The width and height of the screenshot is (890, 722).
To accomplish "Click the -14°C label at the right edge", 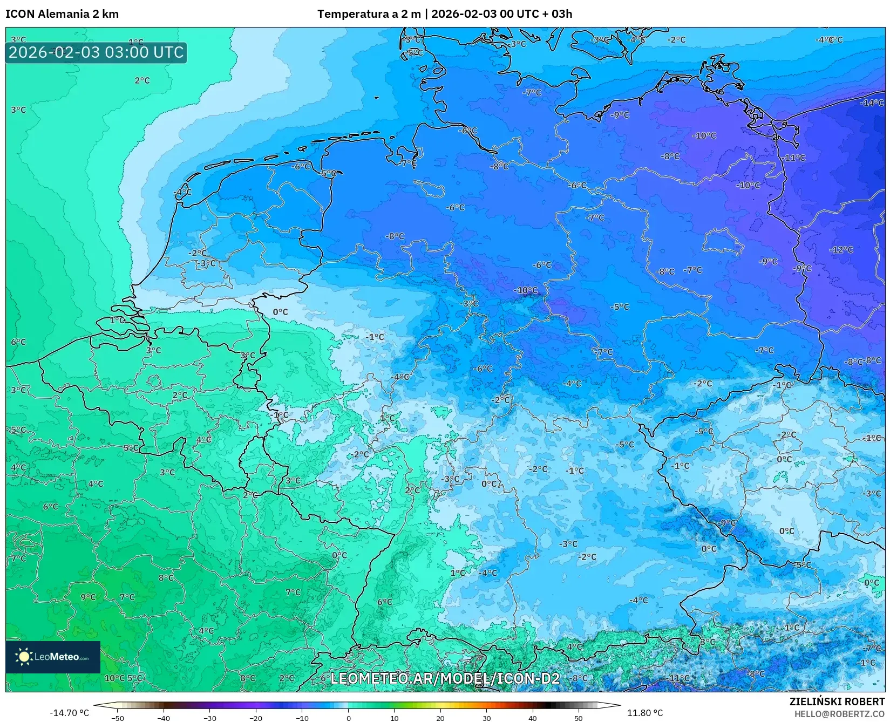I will pyautogui.click(x=872, y=103).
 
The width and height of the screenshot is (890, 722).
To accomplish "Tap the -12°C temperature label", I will pyautogui.click(x=841, y=250).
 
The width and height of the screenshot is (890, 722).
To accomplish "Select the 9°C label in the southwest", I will pyautogui.click(x=88, y=597).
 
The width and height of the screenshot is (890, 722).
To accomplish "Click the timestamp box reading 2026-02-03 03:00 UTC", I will pyautogui.click(x=96, y=53).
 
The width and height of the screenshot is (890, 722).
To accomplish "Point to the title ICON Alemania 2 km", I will pyautogui.click(x=62, y=14).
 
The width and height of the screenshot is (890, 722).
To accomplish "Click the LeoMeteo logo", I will pyautogui.click(x=53, y=657).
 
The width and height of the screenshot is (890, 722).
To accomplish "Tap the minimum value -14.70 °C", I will pyautogui.click(x=69, y=713).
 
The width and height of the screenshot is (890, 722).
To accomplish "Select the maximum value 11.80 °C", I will pyautogui.click(x=644, y=713).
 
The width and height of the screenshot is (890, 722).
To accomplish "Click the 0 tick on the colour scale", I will pyautogui.click(x=348, y=718).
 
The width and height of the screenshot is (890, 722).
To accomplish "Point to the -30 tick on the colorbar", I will pyautogui.click(x=210, y=718).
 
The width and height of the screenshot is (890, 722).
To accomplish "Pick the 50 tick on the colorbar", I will pyautogui.click(x=579, y=718).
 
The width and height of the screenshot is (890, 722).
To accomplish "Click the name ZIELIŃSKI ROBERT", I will pyautogui.click(x=837, y=701).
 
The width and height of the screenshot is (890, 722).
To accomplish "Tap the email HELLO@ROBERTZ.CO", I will pyautogui.click(x=839, y=714).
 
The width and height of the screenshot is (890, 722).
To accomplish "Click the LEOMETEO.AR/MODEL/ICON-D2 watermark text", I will pyautogui.click(x=445, y=678).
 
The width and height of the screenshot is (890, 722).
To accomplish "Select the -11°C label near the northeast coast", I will pyautogui.click(x=794, y=158).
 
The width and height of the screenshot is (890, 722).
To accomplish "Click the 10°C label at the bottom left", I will pyautogui.click(x=114, y=678).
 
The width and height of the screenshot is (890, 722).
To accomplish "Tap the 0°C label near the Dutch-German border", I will pyautogui.click(x=280, y=312).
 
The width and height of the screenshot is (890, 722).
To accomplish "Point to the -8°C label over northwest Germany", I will pyautogui.click(x=395, y=236).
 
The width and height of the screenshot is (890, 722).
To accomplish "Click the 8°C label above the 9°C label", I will pyautogui.click(x=166, y=578).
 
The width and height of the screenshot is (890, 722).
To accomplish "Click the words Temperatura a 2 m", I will pyautogui.click(x=369, y=14).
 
